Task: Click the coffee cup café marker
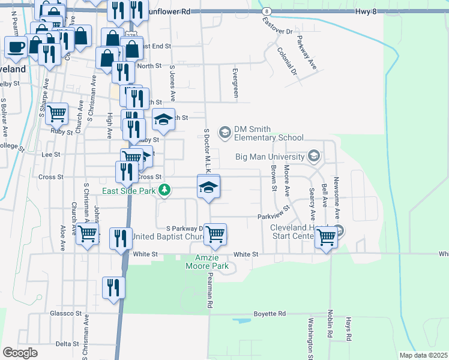coord(17,47)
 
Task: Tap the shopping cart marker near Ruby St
coord(56,112)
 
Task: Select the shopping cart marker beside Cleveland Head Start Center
coord(327,236)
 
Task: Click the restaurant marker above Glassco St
coord(113,287)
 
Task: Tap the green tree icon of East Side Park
coord(163,191)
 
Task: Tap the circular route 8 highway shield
coord(266,11)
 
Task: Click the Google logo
coord(20,352)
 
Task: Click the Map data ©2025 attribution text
coord(423,355)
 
